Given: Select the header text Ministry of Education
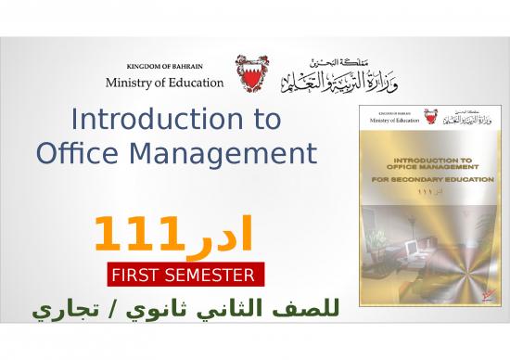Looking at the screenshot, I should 164,82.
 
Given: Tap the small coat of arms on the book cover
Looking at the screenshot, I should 430,116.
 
